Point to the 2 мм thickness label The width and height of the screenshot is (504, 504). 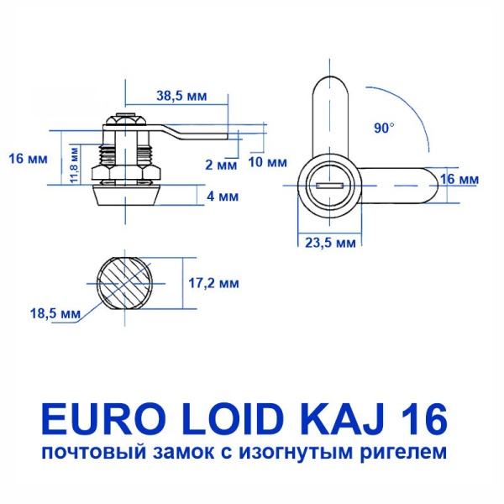coord(222,164)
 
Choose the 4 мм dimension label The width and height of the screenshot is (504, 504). coord(223,197)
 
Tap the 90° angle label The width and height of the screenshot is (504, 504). coord(384,128)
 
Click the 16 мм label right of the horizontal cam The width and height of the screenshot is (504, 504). coord(459,180)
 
